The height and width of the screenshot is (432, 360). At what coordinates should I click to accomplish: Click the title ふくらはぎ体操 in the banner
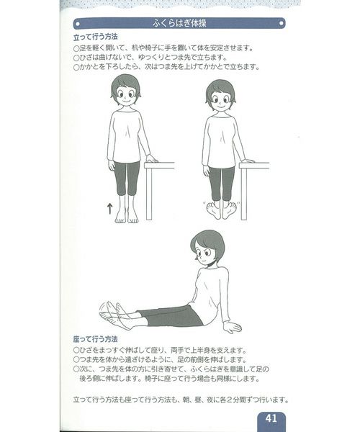179,24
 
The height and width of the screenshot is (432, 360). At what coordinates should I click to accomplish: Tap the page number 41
271,418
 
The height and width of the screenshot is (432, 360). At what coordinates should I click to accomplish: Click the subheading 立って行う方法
95,37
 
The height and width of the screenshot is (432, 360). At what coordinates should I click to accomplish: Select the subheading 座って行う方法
95,339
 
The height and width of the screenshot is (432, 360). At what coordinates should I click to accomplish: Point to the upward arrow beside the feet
109,209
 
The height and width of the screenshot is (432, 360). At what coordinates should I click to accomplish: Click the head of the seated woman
207,246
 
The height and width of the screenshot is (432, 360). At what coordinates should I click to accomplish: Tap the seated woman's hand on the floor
231,328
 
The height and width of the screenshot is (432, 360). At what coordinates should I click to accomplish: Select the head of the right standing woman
220,94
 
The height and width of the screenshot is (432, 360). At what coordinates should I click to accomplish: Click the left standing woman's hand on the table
151,158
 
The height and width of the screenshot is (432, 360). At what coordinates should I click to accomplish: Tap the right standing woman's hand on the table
247,161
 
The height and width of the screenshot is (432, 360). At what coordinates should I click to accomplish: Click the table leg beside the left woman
149,194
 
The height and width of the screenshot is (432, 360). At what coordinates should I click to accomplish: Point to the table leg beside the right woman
244,194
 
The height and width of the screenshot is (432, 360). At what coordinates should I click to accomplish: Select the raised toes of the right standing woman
221,210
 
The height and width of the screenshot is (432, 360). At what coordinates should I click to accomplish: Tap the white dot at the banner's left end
78,24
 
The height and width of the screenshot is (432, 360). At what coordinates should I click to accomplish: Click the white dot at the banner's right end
281,24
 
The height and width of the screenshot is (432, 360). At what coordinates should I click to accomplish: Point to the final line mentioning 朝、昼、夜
181,400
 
